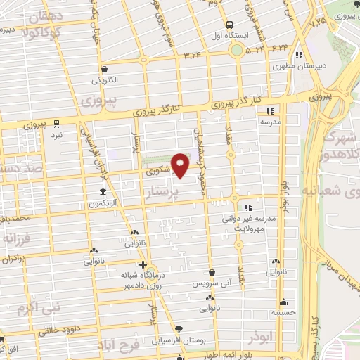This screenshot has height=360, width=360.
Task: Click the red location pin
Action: point(181,165)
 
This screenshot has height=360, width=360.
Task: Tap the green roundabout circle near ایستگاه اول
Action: point(236,50)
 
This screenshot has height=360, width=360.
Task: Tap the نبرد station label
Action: point(58,134)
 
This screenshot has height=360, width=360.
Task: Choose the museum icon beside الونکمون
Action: point(103,193)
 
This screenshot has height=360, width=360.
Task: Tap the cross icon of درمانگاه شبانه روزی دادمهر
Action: point(143,265)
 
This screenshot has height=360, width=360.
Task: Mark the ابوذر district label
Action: point(259,338)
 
